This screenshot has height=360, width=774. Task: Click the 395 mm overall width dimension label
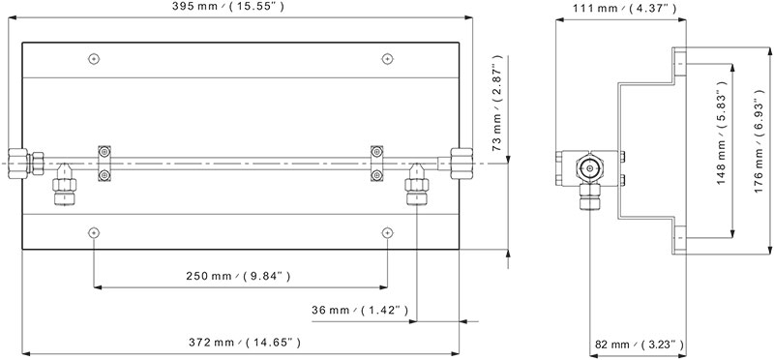[x=228, y=7]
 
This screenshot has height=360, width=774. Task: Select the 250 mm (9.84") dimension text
[x=238, y=276]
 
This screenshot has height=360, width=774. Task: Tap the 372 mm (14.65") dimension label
[x=245, y=342]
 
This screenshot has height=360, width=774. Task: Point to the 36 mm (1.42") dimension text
[x=360, y=310]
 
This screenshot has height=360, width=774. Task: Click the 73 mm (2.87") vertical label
[x=497, y=103]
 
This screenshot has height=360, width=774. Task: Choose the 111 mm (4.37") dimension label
[x=624, y=8]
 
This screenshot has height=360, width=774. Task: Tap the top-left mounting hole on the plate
[x=94, y=59]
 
